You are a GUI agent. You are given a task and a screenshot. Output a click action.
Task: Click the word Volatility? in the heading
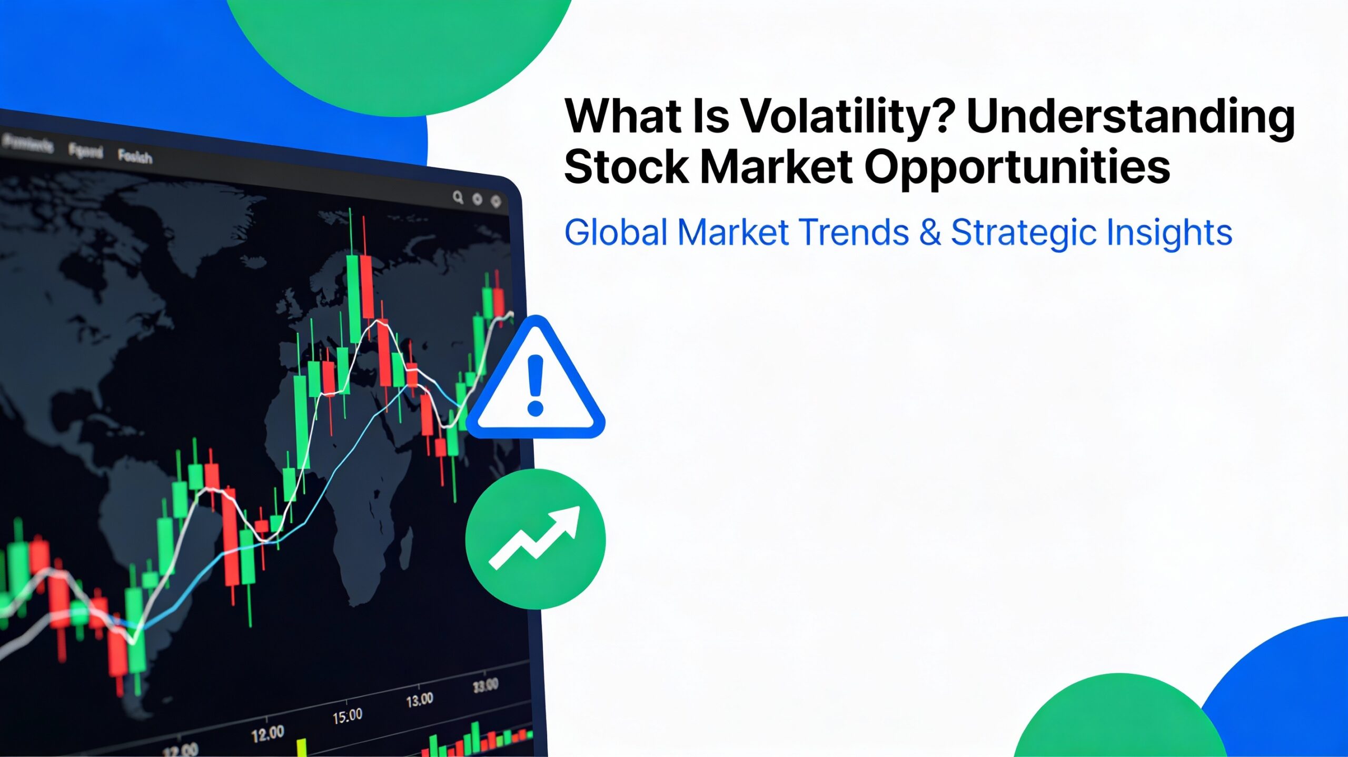[x=848, y=117]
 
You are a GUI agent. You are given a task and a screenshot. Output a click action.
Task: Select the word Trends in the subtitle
[x=854, y=233]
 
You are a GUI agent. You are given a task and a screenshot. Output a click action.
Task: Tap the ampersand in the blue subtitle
[x=930, y=233]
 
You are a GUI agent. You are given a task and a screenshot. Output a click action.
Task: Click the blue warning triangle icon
[x=536, y=384]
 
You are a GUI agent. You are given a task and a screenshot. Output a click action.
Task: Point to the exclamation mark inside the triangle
[x=536, y=384]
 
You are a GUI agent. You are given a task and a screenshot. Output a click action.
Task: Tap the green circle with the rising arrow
[x=536, y=539]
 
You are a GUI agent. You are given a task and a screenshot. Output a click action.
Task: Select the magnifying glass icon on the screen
[x=458, y=197]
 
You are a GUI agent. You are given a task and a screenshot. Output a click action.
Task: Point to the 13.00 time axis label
[x=420, y=700]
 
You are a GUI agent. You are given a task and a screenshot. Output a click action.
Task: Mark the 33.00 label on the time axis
[x=485, y=685]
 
